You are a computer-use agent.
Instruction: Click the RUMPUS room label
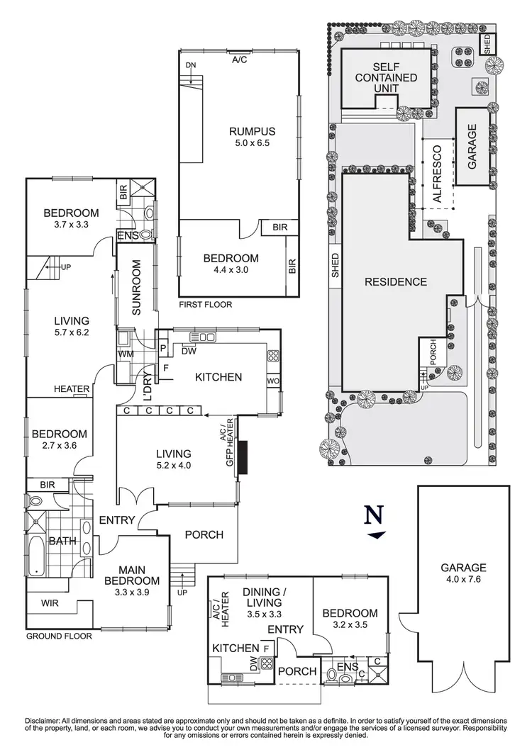coord(252,131)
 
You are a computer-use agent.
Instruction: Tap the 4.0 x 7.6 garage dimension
coord(463,579)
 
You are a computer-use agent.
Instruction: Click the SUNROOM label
coord(136,287)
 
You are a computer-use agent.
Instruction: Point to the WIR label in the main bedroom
coord(50,603)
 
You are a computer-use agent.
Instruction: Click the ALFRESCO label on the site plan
coord(437,174)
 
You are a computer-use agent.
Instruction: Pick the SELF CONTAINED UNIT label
coord(386,77)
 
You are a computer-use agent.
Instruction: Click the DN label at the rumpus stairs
coord(190,65)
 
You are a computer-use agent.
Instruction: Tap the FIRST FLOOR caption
coord(205,304)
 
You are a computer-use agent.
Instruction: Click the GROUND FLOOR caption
coord(59,636)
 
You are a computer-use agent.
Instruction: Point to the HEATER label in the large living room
coord(72,389)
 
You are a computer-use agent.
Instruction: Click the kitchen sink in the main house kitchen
coord(203,337)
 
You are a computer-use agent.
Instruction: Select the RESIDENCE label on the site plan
coord(396,281)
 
